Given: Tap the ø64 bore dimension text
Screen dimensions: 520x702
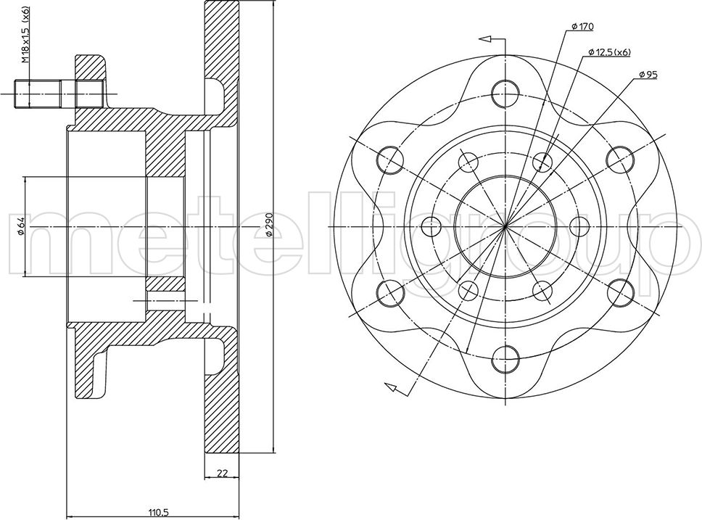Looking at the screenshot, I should (x=22, y=226).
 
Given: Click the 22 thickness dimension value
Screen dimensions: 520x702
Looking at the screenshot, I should (x=222, y=474).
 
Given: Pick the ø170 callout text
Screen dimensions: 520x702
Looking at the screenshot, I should (x=582, y=27).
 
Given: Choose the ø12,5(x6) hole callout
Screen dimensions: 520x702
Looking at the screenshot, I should (x=609, y=51).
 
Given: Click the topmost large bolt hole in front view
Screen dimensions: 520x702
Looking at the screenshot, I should (x=505, y=92).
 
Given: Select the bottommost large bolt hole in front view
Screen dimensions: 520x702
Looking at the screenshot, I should (x=505, y=358).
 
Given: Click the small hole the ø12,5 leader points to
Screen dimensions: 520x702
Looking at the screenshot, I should (x=543, y=161).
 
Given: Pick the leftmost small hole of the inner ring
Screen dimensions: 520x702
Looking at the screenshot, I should (x=430, y=226).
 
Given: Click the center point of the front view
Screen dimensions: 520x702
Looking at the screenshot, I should (x=505, y=226).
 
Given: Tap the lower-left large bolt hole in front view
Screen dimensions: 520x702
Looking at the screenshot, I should (x=390, y=292).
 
